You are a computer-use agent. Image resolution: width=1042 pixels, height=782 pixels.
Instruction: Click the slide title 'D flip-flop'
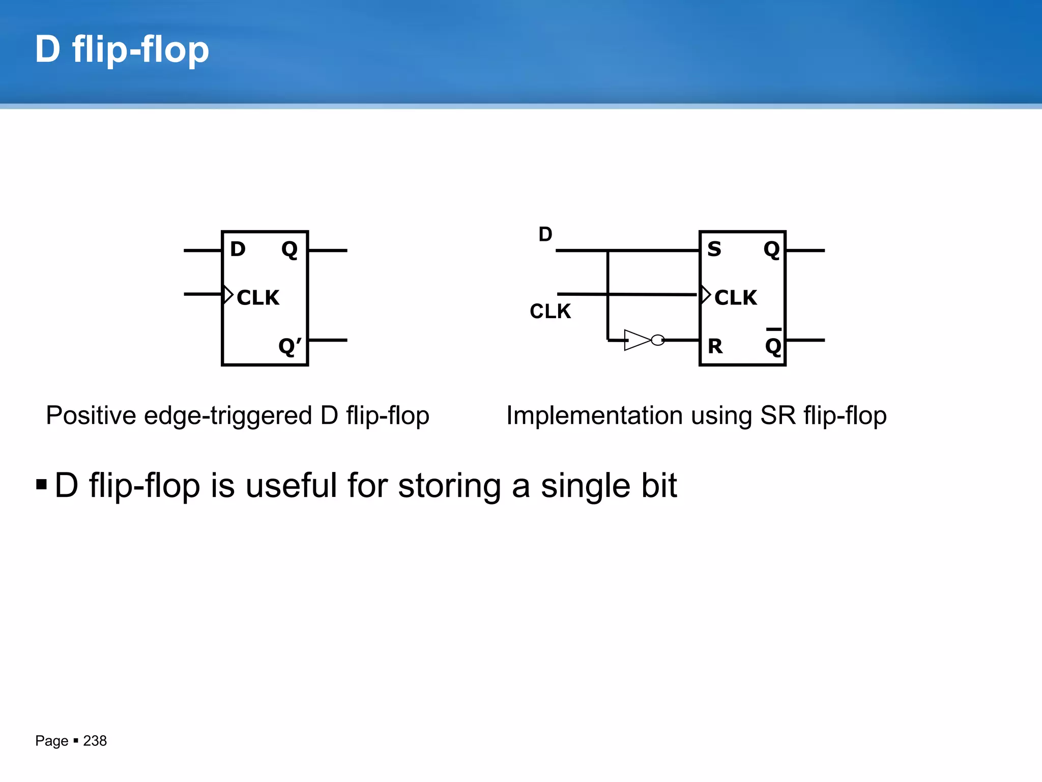122,49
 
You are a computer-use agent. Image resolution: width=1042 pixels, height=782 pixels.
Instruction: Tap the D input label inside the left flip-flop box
238,249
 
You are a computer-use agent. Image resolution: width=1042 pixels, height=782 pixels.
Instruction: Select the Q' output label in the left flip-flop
290,346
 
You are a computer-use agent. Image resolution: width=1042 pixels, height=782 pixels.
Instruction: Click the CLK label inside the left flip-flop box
258,297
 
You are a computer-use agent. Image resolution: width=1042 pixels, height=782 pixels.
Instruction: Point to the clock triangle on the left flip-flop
228,295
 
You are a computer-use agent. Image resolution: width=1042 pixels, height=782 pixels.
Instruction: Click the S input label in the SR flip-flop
714,249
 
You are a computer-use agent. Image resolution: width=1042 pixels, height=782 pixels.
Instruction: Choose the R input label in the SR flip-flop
715,346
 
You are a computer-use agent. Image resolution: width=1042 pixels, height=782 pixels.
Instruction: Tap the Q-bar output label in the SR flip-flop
773,344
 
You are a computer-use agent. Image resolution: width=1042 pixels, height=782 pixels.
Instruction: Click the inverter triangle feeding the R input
636,340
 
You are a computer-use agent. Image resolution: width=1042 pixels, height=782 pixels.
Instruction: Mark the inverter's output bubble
658,340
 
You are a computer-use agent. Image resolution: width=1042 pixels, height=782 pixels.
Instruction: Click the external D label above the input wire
545,234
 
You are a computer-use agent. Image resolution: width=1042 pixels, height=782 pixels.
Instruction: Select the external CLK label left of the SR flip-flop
550,311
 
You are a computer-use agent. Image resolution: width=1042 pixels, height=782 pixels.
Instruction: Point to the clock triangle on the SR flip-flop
705,295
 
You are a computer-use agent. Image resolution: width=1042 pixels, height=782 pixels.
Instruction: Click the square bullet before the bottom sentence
42,484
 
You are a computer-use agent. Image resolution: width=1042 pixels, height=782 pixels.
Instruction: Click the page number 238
95,741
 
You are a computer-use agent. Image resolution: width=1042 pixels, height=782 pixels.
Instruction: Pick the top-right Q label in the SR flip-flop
772,249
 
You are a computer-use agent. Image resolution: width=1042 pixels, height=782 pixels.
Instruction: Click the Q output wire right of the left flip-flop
328,250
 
